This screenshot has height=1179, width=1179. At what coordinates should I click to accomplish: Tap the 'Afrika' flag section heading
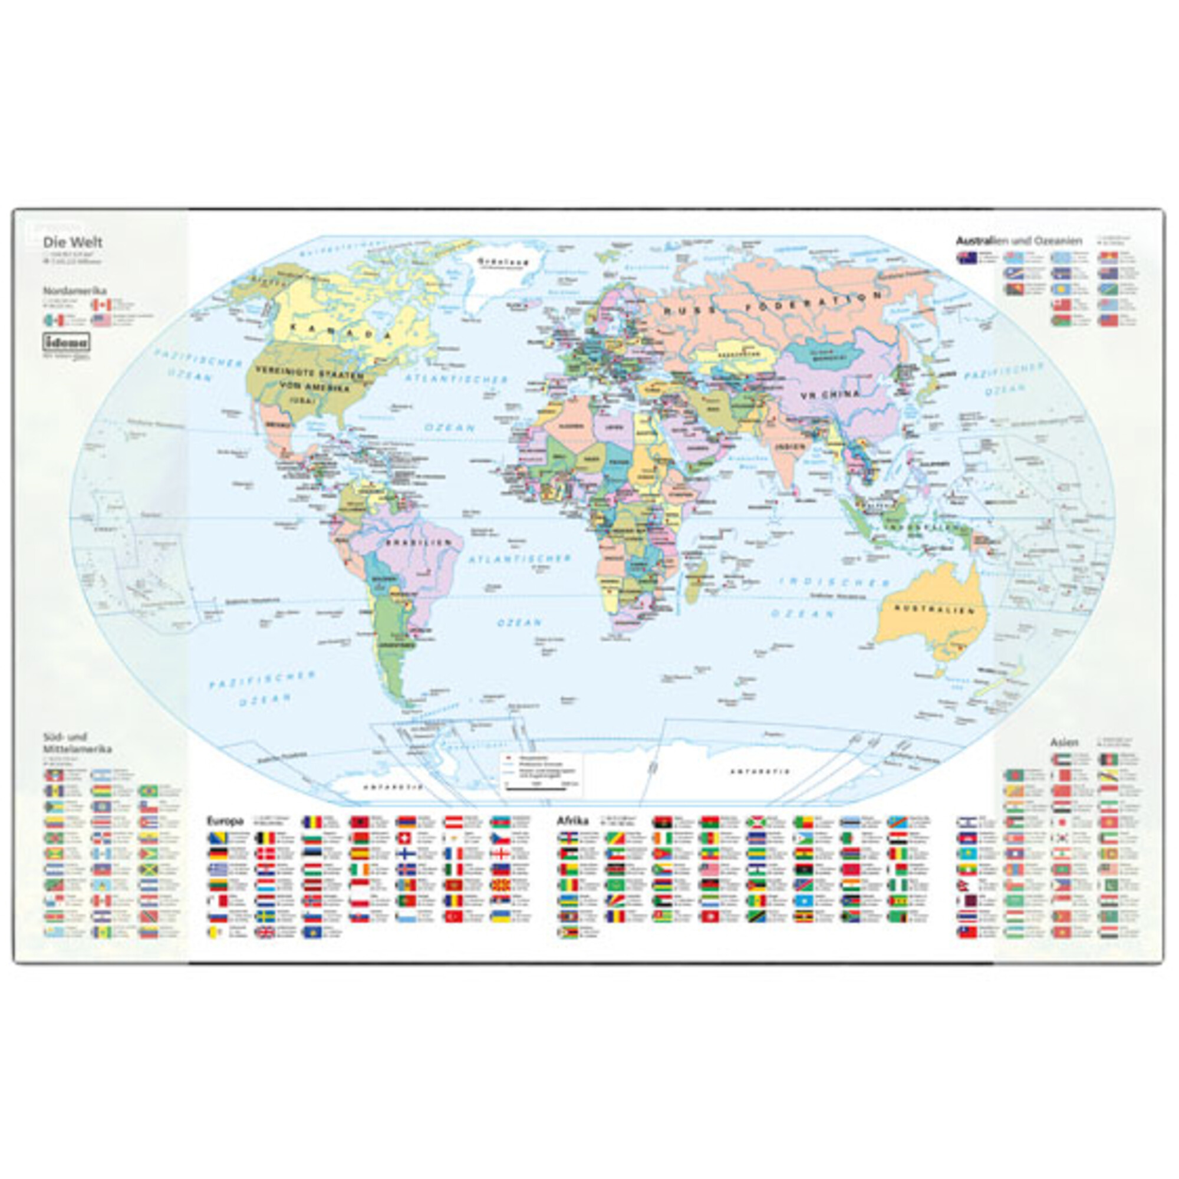(x=572, y=821)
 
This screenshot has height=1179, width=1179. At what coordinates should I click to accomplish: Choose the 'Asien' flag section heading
(x=1063, y=743)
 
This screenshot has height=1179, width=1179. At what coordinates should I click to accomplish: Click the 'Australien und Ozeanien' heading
(x=1019, y=241)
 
